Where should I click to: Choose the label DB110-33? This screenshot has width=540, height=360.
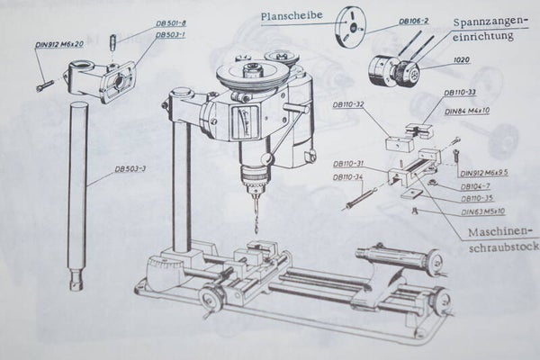click(461, 92)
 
